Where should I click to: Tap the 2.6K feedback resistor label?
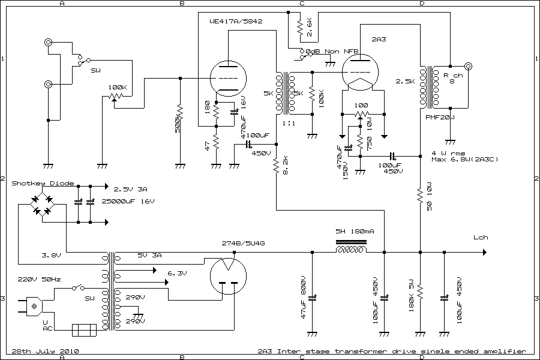click(x=309, y=24)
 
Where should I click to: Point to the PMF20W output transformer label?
click(x=440, y=117)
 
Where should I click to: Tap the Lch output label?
click(x=481, y=237)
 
